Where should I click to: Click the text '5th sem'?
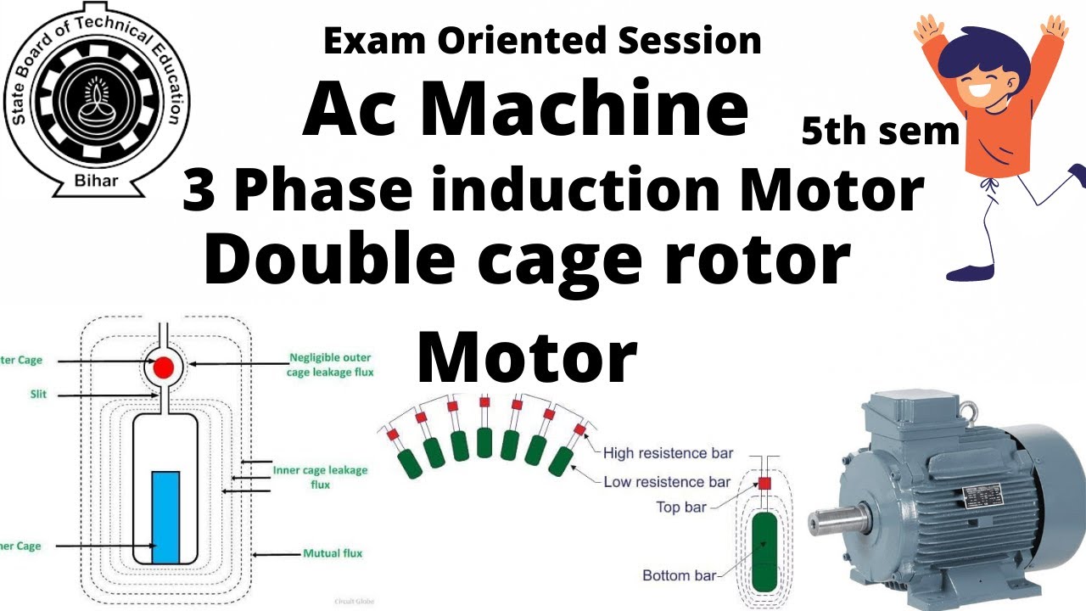click(x=881, y=132)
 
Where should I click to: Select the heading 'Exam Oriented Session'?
click(x=542, y=41)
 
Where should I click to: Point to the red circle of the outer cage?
click(x=164, y=367)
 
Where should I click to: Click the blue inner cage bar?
click(x=165, y=516)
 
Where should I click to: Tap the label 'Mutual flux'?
click(x=333, y=553)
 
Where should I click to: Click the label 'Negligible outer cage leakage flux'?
click(x=331, y=364)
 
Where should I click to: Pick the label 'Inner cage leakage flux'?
click(x=320, y=477)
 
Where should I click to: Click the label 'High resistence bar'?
click(x=668, y=453)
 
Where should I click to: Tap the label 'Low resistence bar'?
click(x=667, y=482)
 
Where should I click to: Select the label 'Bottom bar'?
click(x=680, y=575)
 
